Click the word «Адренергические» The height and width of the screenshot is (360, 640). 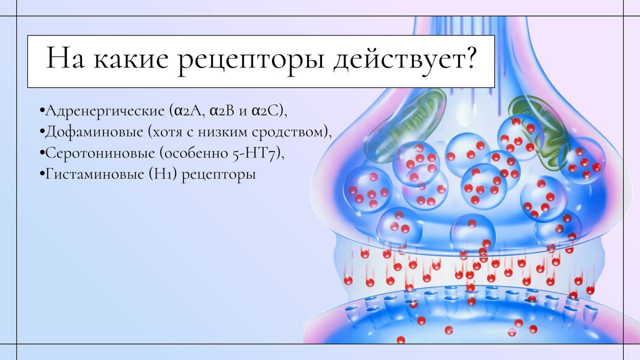[104, 111]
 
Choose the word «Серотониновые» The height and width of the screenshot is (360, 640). [100, 153]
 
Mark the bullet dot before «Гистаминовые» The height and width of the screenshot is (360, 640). [42, 173]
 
